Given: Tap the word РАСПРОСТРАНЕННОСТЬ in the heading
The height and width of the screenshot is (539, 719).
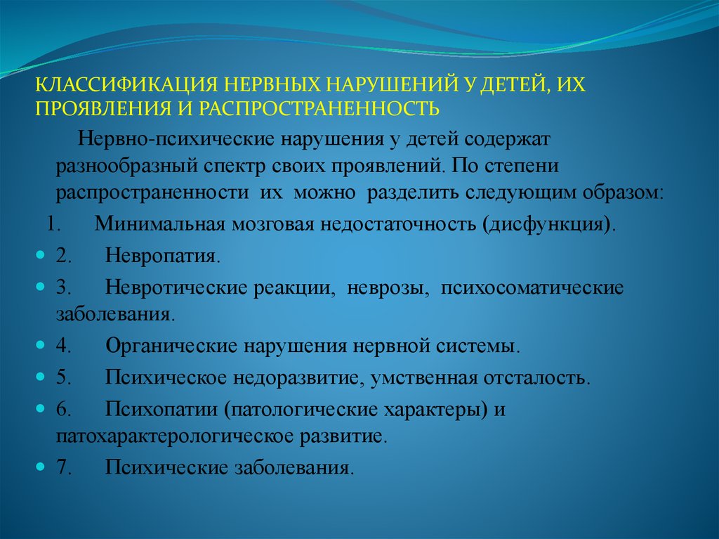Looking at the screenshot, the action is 319,108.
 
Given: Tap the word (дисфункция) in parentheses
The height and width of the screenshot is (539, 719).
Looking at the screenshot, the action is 549,224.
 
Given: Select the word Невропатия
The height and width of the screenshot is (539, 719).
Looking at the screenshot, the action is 163,256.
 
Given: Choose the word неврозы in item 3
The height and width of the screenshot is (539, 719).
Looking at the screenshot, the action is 388,288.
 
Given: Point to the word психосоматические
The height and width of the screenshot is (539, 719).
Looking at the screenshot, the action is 532,288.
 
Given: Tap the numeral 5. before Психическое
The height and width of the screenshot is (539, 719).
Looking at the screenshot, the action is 63,377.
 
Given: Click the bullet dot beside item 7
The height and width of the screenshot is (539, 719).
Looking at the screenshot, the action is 40,466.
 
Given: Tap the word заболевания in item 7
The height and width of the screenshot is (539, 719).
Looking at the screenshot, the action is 294,468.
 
